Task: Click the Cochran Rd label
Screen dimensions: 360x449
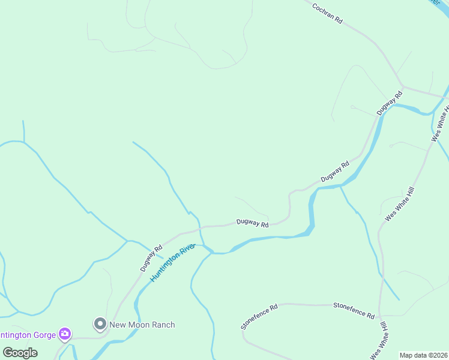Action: pyautogui.click(x=327, y=13)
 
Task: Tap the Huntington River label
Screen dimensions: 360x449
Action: pyautogui.click(x=173, y=263)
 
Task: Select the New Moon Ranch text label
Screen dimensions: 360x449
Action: pyautogui.click(x=142, y=325)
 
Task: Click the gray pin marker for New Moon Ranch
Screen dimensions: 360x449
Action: pyautogui.click(x=100, y=324)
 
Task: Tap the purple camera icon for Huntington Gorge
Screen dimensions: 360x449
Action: pyautogui.click(x=65, y=334)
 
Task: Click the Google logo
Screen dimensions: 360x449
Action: pyautogui.click(x=20, y=352)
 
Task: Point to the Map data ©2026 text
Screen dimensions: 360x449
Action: pyautogui.click(x=423, y=355)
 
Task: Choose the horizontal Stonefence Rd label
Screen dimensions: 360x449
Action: pyautogui.click(x=354, y=311)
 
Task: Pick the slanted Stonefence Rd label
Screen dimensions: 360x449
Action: pyautogui.click(x=259, y=316)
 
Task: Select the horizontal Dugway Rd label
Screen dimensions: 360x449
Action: pyautogui.click(x=252, y=223)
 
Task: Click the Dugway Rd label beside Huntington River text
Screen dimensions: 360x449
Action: pyautogui.click(x=151, y=257)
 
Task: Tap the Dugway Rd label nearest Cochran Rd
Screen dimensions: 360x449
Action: pyautogui.click(x=389, y=103)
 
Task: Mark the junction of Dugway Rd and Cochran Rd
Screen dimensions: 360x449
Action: pyautogui.click(x=403, y=86)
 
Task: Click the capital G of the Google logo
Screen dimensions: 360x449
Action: pyautogui.click(x=8, y=352)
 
